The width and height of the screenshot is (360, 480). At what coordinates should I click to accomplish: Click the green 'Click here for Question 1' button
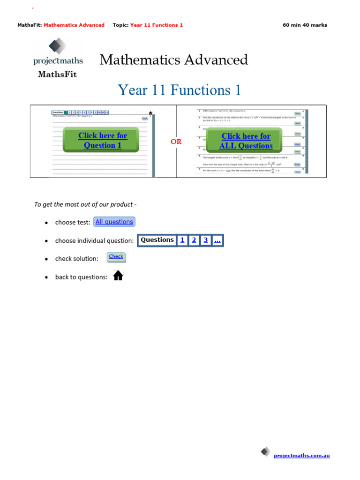(x=102, y=140)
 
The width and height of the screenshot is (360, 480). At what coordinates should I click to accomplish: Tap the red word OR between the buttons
(x=176, y=142)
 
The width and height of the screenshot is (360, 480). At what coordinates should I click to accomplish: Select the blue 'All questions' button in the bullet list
(x=114, y=222)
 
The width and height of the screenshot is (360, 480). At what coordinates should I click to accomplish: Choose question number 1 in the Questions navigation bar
(x=182, y=240)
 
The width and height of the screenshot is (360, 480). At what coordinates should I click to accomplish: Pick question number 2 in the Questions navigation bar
(x=194, y=240)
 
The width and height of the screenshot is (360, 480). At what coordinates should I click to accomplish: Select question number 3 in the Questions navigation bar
(x=205, y=240)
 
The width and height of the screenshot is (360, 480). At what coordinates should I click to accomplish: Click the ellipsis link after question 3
(x=217, y=240)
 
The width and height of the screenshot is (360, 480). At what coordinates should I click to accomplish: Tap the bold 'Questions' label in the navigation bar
(x=157, y=240)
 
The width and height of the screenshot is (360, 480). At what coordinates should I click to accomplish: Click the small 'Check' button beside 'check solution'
(x=116, y=257)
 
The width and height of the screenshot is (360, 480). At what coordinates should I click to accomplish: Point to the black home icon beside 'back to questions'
(x=118, y=276)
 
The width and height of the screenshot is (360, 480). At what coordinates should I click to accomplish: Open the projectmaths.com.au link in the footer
(x=301, y=455)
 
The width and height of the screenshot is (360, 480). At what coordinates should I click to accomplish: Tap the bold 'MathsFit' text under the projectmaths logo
(x=57, y=74)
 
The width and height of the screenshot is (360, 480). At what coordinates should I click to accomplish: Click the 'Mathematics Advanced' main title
(x=173, y=60)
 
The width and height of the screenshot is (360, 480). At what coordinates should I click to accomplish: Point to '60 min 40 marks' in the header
(x=305, y=25)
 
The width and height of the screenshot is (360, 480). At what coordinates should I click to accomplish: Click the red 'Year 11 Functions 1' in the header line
(x=156, y=25)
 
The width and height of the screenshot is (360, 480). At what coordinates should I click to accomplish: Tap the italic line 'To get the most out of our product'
(x=85, y=204)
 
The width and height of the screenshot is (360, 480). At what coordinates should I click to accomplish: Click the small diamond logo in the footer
(x=266, y=451)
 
